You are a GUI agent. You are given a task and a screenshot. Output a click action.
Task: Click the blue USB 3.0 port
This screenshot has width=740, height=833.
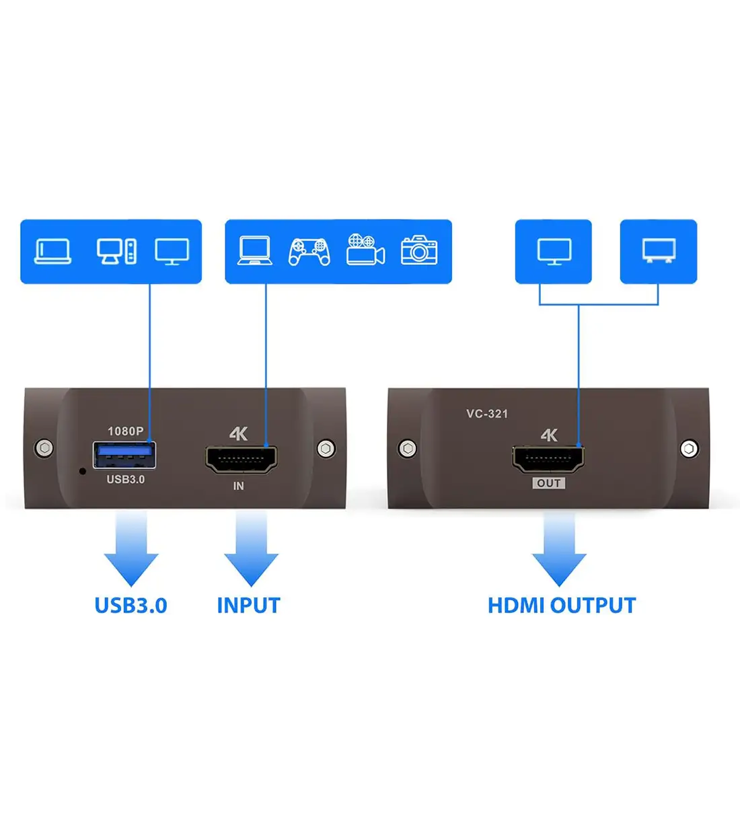point(124,456)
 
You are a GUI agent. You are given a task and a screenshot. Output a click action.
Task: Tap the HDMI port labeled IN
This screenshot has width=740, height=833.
point(241,460)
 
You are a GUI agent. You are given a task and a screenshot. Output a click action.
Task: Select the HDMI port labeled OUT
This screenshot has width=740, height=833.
point(548,460)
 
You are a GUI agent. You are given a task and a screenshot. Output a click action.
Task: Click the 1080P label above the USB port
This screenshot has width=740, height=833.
point(126,431)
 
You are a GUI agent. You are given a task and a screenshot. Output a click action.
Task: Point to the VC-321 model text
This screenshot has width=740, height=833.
point(487,414)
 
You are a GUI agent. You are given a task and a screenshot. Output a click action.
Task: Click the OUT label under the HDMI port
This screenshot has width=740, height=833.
point(549,483)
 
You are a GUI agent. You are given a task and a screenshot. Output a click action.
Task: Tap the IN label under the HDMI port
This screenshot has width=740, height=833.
point(238,486)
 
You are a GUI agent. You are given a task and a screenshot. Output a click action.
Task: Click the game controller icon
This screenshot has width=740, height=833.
point(309,252)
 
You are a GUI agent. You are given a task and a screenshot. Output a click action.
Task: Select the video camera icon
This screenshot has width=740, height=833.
point(365,250)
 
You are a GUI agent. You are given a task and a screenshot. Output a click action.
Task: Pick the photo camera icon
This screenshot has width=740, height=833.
point(419,250)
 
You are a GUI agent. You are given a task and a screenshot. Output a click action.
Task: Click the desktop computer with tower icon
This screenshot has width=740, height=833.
point(117,252)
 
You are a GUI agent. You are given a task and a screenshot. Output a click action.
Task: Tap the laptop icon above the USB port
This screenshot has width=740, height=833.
point(53,252)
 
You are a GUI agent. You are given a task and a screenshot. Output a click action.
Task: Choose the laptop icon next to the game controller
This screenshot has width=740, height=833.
point(255,252)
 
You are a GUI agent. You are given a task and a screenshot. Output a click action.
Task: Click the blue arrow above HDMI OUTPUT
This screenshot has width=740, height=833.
point(559,548)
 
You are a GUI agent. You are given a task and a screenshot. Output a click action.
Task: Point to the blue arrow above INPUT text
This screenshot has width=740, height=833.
point(251,548)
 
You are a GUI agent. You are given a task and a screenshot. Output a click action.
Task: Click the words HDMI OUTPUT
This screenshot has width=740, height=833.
point(561,606)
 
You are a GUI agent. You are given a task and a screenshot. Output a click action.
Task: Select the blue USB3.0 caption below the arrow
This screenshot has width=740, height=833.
point(131,606)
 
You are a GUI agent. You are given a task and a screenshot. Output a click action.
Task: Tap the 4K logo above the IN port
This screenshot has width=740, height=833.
point(238,434)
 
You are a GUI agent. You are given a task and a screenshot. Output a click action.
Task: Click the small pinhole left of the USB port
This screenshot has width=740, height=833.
point(83,471)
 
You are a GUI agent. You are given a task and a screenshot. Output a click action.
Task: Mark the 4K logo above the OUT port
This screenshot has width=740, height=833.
point(549,435)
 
